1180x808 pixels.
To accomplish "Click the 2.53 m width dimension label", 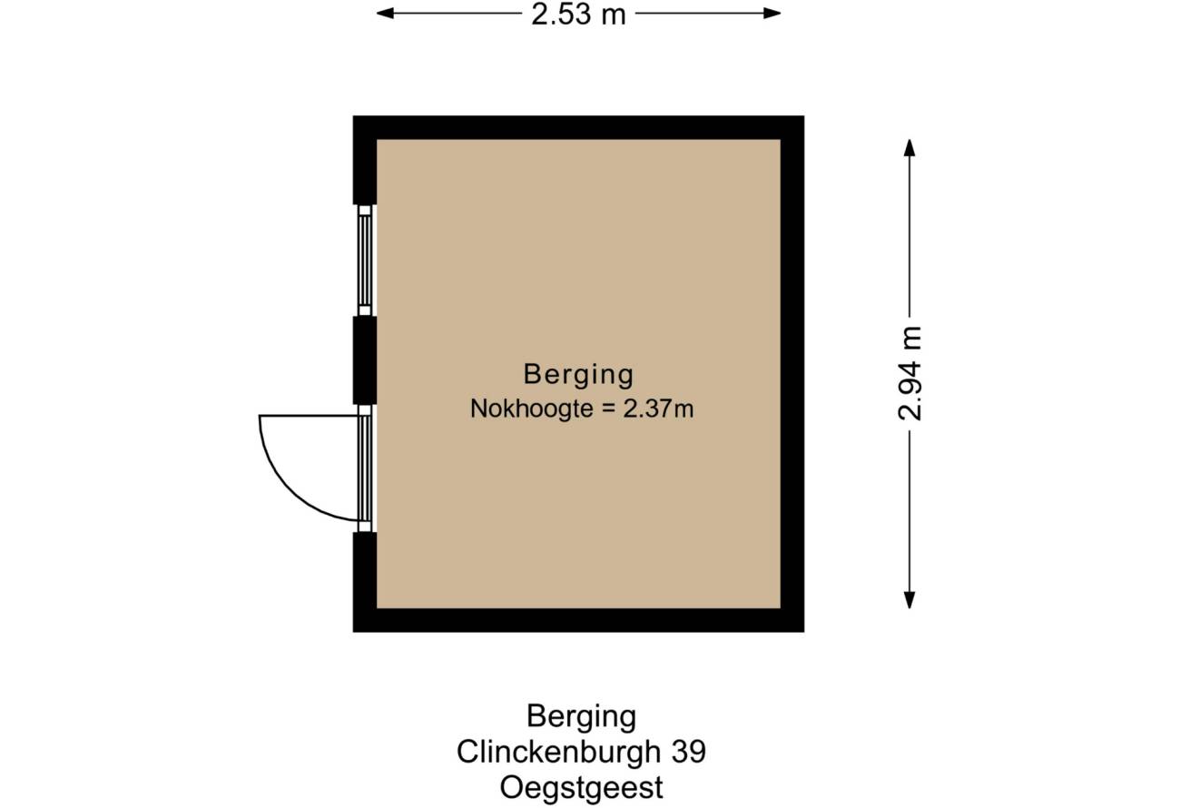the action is tap(578, 15).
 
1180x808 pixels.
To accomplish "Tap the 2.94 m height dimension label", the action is tap(910, 373).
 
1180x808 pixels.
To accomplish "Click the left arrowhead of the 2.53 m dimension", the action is tap(385, 14).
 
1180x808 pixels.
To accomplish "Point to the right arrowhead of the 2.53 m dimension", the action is tap(772, 14).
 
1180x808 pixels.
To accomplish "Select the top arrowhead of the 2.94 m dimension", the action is tap(910, 147).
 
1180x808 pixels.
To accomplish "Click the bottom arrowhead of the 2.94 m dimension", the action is tap(910, 600).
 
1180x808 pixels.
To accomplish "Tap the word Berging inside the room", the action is tap(578, 375).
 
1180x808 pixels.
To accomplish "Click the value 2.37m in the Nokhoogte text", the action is tap(658, 409).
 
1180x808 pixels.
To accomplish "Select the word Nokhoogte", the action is tap(532, 409).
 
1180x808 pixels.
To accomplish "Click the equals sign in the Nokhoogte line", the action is tap(608, 409).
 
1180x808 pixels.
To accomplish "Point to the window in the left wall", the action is tap(365, 261).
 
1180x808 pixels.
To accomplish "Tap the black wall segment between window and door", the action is tap(365, 360).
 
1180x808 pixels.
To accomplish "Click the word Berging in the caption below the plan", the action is tap(582, 718).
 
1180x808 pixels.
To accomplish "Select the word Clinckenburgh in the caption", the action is tap(558, 752).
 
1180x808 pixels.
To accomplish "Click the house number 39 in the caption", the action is tap(689, 753).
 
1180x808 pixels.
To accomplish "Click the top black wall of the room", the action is tap(578, 127).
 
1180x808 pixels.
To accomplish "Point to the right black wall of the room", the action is tap(792, 373).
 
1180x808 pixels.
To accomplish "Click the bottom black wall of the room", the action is tap(578, 620).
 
